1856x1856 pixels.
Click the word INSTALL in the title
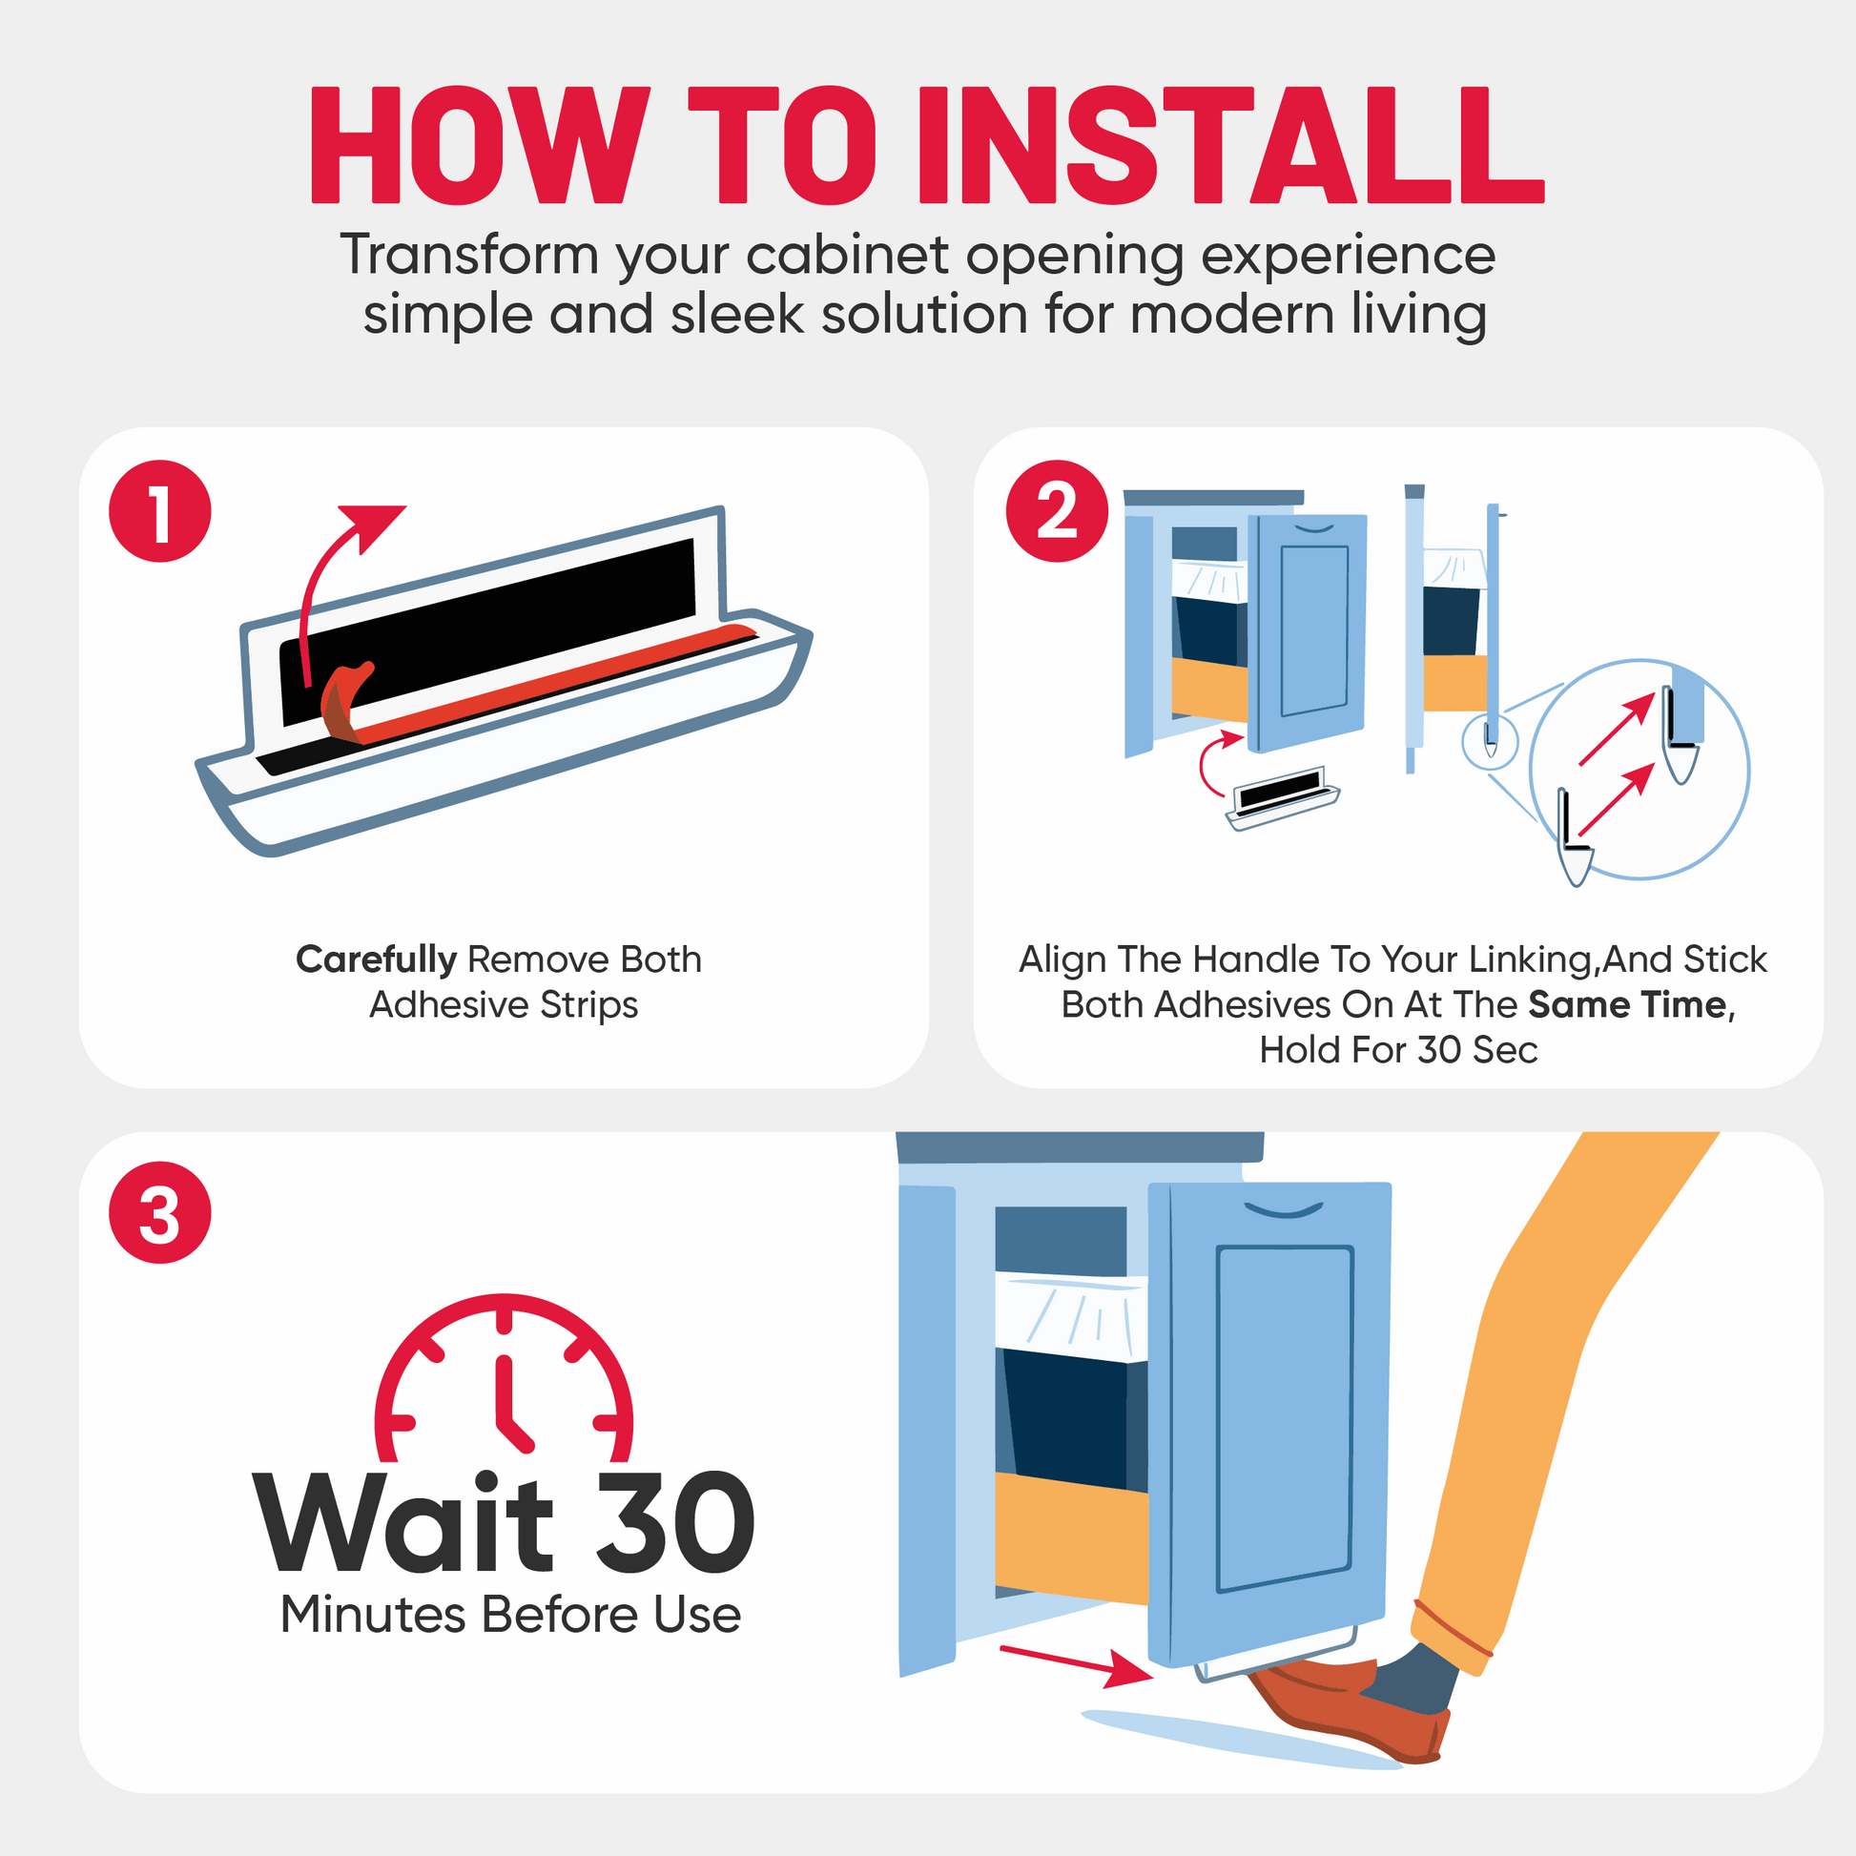[x=1230, y=145]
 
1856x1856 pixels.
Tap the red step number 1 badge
[x=159, y=511]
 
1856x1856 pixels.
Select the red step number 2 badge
[x=1057, y=511]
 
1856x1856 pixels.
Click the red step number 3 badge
[x=159, y=1212]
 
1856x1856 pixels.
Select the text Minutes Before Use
[x=511, y=1615]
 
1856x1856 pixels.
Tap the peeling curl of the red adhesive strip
[x=343, y=702]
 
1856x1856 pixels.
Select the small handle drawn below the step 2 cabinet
[x=1284, y=796]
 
